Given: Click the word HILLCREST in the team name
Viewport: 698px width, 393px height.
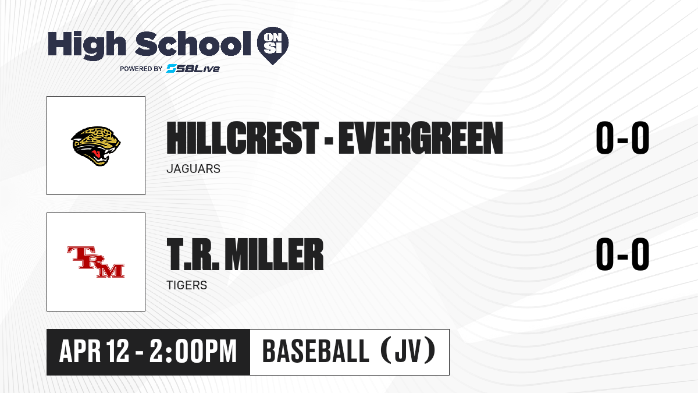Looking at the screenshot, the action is point(243,138).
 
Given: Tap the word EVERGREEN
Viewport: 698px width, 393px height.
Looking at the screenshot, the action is point(421,138).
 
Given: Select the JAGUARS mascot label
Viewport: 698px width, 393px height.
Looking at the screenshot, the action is point(194,169).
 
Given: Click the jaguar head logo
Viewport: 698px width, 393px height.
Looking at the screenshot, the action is point(95,146).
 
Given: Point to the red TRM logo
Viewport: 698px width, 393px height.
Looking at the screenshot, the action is point(95,262).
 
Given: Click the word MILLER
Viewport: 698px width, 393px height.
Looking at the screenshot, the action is point(274,254).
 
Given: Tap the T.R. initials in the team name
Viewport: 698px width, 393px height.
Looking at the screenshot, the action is point(193,254).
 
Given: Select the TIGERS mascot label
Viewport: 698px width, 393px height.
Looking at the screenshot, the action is point(187,285).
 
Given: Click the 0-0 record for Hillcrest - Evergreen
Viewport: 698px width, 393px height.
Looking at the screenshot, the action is point(622,138).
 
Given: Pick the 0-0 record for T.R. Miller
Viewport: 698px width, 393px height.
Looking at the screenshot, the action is point(622,254).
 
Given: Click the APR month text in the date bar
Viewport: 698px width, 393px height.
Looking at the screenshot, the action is point(80,351).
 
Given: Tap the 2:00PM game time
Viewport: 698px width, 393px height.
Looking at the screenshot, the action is point(193,351).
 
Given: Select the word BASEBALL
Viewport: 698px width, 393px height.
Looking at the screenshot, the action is point(316,351).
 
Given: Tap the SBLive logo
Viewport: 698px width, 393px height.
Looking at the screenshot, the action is point(193,69).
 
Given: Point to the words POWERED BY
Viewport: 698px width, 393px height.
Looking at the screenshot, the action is point(141,69).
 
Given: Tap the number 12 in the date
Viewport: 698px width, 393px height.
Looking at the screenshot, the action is point(117,351).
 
